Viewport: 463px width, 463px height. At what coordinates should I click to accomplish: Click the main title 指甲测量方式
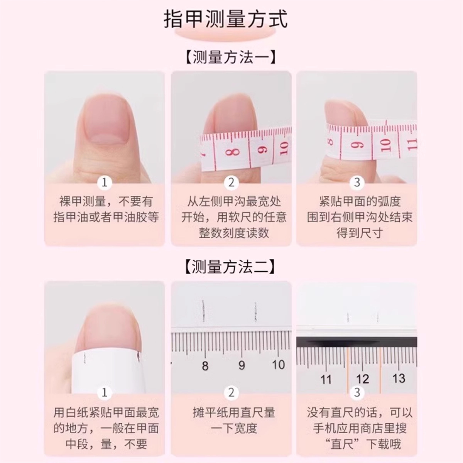(x=225, y=19)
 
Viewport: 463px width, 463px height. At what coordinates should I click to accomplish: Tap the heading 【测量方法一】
(x=231, y=57)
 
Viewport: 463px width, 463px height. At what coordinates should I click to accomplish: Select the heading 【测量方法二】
(x=231, y=267)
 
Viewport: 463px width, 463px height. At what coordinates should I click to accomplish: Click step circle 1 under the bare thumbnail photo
(x=105, y=182)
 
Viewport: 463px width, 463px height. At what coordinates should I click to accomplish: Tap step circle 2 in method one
(x=231, y=182)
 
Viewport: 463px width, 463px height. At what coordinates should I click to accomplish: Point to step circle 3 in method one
(x=357, y=182)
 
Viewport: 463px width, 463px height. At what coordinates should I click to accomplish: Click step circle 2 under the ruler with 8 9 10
(x=231, y=393)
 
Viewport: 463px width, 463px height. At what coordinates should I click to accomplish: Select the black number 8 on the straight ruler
(x=205, y=366)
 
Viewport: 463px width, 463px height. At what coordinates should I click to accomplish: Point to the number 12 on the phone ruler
(x=362, y=379)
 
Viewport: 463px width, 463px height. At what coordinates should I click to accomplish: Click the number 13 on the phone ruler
(x=399, y=378)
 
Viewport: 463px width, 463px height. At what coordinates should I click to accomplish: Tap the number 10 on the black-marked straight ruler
(x=279, y=365)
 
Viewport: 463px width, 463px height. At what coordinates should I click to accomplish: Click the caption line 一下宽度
(x=234, y=428)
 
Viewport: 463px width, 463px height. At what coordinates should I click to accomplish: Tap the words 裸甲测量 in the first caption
(x=83, y=201)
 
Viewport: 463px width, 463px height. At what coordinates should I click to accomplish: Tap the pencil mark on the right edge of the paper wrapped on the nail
(x=137, y=357)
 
